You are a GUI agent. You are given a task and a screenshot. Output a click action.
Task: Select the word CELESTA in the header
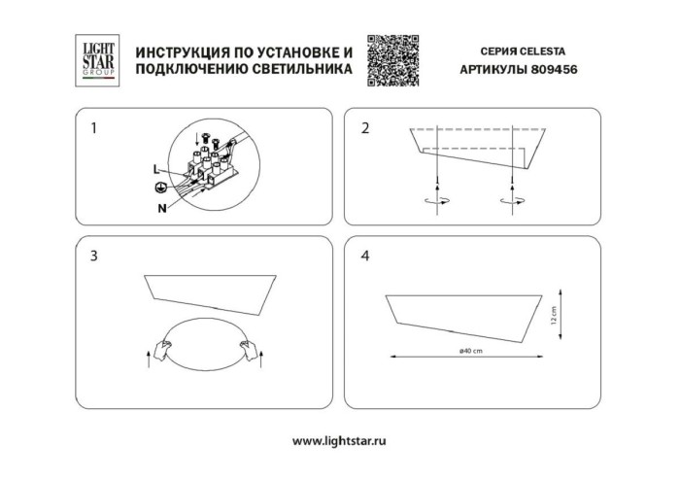click(x=552, y=49)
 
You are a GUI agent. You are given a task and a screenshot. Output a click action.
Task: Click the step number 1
click(x=93, y=128)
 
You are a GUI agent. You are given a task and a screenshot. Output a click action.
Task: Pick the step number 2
click(x=365, y=128)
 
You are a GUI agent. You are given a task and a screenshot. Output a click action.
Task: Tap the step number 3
click(x=93, y=257)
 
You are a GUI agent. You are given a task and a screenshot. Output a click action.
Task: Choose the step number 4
click(x=365, y=257)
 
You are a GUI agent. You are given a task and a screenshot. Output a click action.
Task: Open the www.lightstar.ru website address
click(x=339, y=440)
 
